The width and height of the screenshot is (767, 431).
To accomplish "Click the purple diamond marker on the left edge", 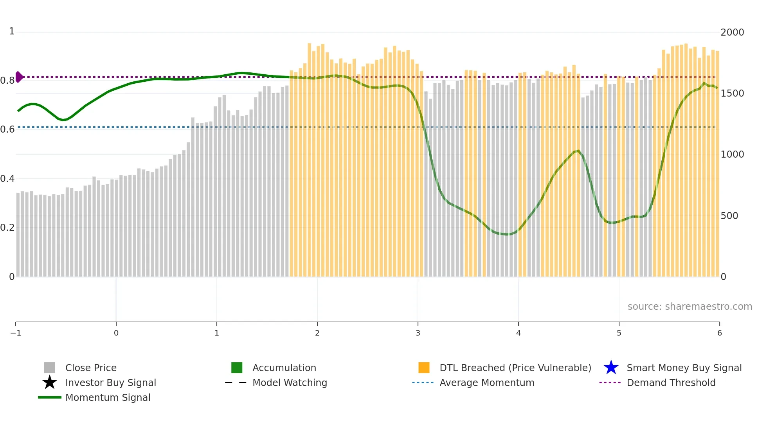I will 19,77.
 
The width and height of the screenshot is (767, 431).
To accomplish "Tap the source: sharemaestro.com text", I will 690,307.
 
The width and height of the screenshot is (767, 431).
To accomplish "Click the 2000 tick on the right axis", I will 732,32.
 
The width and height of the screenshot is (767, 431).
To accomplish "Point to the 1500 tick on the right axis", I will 732,93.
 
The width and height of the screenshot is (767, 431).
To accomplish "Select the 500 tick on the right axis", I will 729,216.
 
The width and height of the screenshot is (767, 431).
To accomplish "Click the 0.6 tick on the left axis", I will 8,129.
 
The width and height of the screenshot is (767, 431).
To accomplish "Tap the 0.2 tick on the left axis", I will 8,228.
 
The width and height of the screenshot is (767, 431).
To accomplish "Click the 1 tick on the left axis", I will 12,31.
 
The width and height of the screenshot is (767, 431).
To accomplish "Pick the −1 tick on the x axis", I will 16,333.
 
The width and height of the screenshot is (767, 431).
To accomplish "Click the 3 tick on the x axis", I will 418,333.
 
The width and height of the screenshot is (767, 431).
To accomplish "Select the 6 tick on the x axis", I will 719,333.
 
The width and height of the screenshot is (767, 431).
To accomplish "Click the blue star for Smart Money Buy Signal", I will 611,368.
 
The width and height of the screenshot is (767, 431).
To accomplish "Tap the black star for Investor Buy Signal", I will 50,383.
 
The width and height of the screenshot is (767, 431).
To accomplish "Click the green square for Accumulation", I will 237,368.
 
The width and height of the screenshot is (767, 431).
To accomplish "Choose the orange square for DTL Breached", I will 424,368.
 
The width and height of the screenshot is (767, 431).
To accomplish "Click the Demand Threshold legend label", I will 671,383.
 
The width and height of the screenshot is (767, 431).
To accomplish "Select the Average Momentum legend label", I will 487,383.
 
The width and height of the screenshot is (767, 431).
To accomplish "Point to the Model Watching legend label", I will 290,383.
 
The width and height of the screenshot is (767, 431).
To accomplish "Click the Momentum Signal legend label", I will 108,397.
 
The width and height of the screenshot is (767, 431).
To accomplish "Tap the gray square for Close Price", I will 50,368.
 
